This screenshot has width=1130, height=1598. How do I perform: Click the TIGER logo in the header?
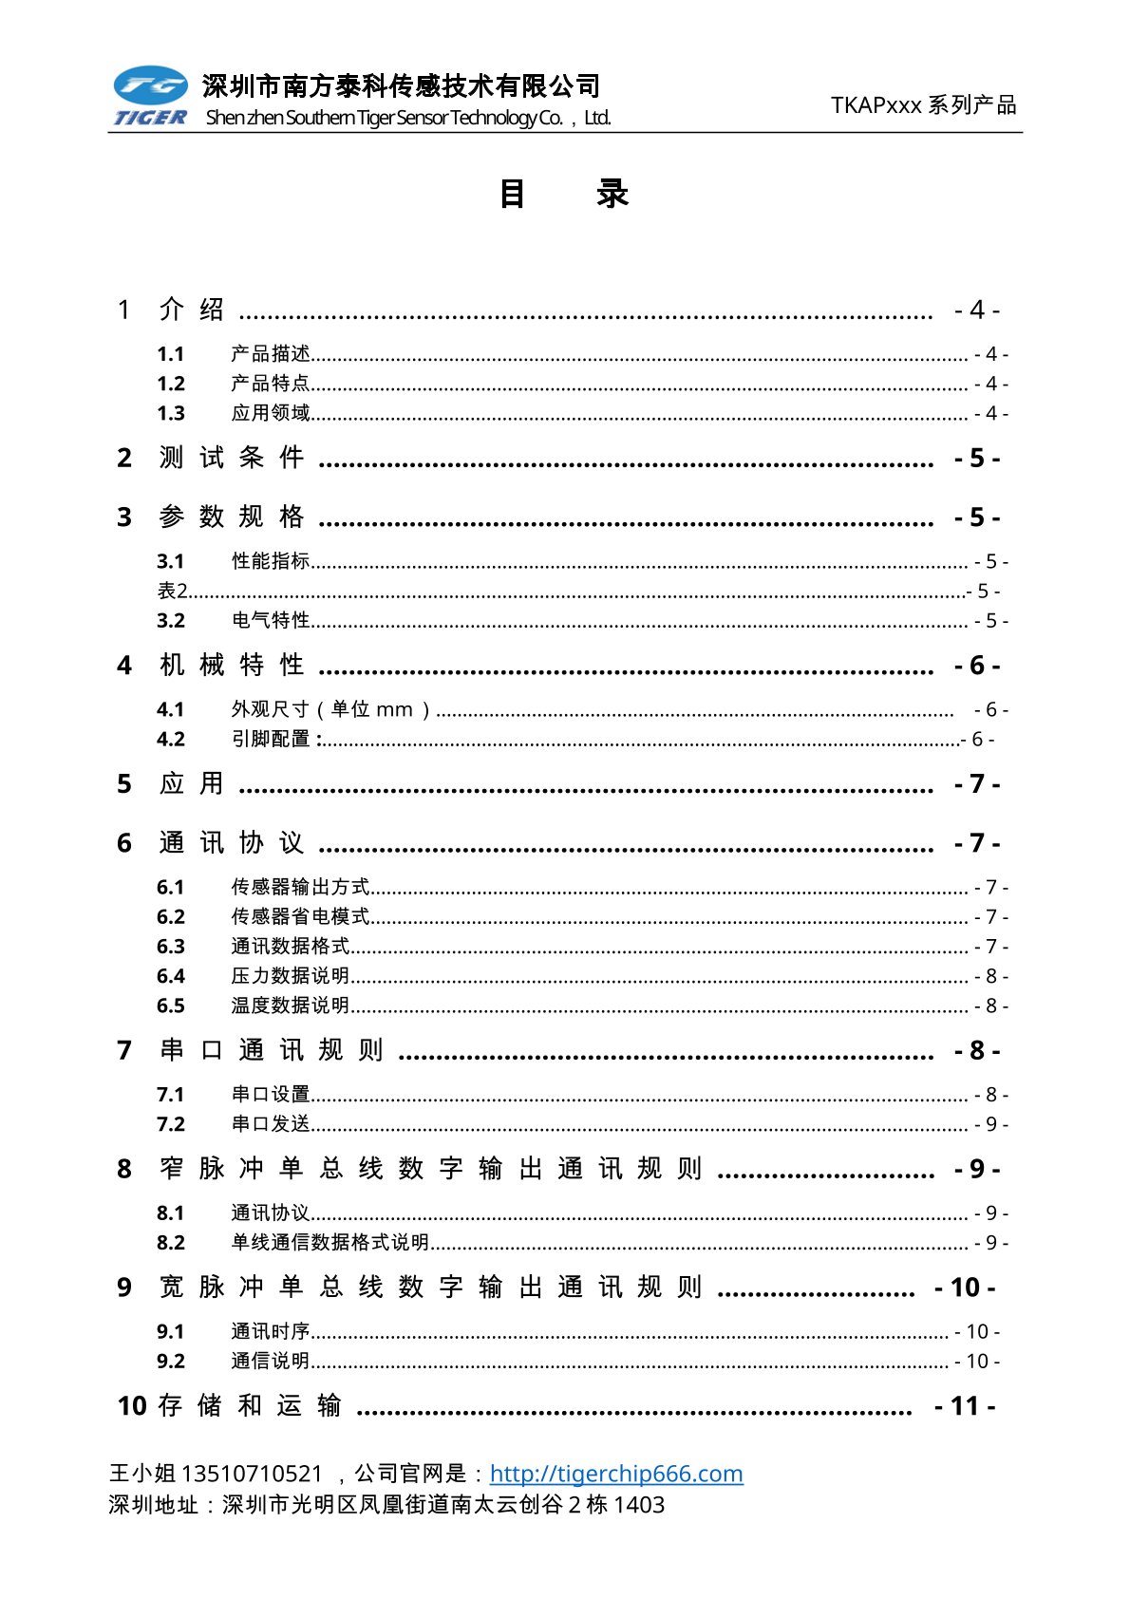(150, 96)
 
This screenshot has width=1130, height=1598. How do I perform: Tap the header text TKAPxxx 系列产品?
(923, 104)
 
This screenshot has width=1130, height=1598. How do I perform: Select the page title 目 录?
(564, 194)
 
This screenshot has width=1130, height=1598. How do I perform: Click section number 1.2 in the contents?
(171, 384)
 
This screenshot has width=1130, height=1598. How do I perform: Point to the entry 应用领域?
(271, 413)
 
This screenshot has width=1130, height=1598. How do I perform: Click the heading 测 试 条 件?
(232, 458)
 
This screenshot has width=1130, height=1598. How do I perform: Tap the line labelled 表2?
(173, 591)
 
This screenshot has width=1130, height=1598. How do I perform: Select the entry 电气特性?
(271, 620)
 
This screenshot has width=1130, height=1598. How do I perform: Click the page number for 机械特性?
(976, 666)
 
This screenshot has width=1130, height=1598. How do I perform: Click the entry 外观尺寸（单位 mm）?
(331, 709)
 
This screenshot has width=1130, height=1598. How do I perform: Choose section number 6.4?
(171, 976)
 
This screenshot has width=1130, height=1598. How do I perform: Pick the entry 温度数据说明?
(291, 1006)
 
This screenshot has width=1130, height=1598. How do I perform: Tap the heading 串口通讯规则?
(272, 1050)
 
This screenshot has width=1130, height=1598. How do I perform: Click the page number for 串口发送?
(990, 1124)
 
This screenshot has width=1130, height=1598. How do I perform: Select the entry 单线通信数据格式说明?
(330, 1242)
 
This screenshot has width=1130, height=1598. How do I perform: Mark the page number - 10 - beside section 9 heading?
(965, 1288)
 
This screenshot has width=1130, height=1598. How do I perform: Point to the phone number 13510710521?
(252, 1473)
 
